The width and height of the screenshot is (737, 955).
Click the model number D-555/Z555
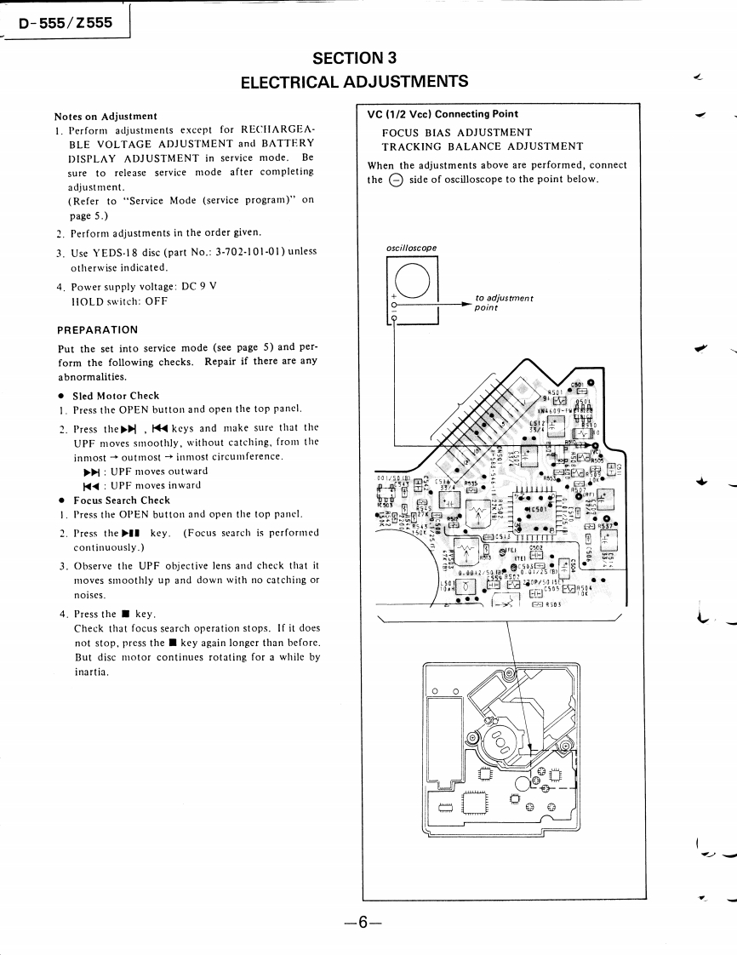pos(66,23)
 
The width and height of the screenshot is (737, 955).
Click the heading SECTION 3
pos(354,59)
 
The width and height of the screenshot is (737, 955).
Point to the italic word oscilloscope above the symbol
pos(412,249)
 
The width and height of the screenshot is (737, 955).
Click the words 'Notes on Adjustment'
pos(106,116)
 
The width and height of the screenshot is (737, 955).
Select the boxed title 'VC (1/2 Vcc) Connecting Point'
pos(443,114)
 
